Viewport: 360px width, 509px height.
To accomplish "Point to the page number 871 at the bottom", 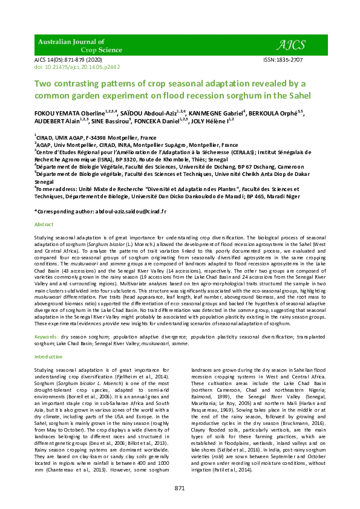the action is tap(180, 487).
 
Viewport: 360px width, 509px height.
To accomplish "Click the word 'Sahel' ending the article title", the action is tap(297, 96).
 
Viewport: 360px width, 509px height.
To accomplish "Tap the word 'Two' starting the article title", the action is tap(44, 83).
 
